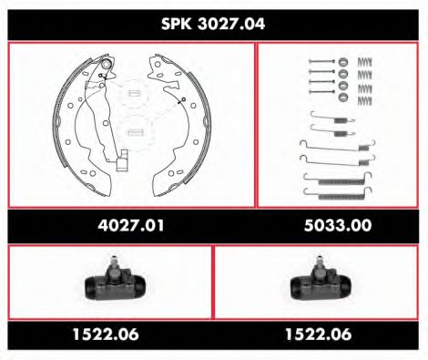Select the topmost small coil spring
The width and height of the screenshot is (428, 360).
[x=365, y=61]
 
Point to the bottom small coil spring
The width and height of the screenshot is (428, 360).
[x=365, y=98]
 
